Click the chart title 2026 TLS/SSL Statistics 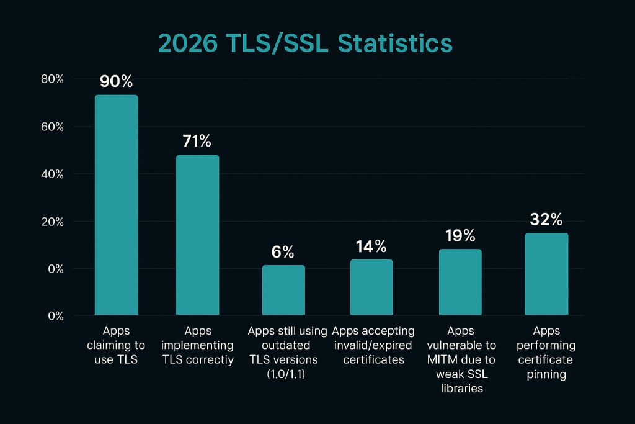click(305, 43)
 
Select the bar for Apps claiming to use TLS click(116, 205)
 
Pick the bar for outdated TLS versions click(283, 290)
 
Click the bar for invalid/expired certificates click(371, 287)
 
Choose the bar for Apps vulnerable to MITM click(460, 282)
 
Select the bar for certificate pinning click(546, 274)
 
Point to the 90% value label click(116, 83)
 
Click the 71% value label click(198, 141)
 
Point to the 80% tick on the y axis click(52, 79)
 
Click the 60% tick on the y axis click(52, 127)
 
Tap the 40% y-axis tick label click(52, 174)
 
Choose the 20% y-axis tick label click(52, 222)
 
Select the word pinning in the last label click(546, 374)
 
